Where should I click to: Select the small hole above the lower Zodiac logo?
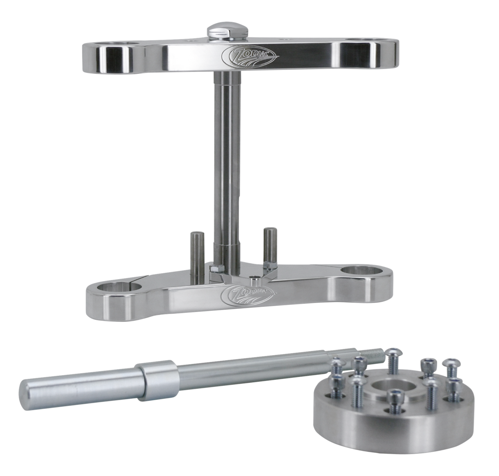(253, 281)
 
